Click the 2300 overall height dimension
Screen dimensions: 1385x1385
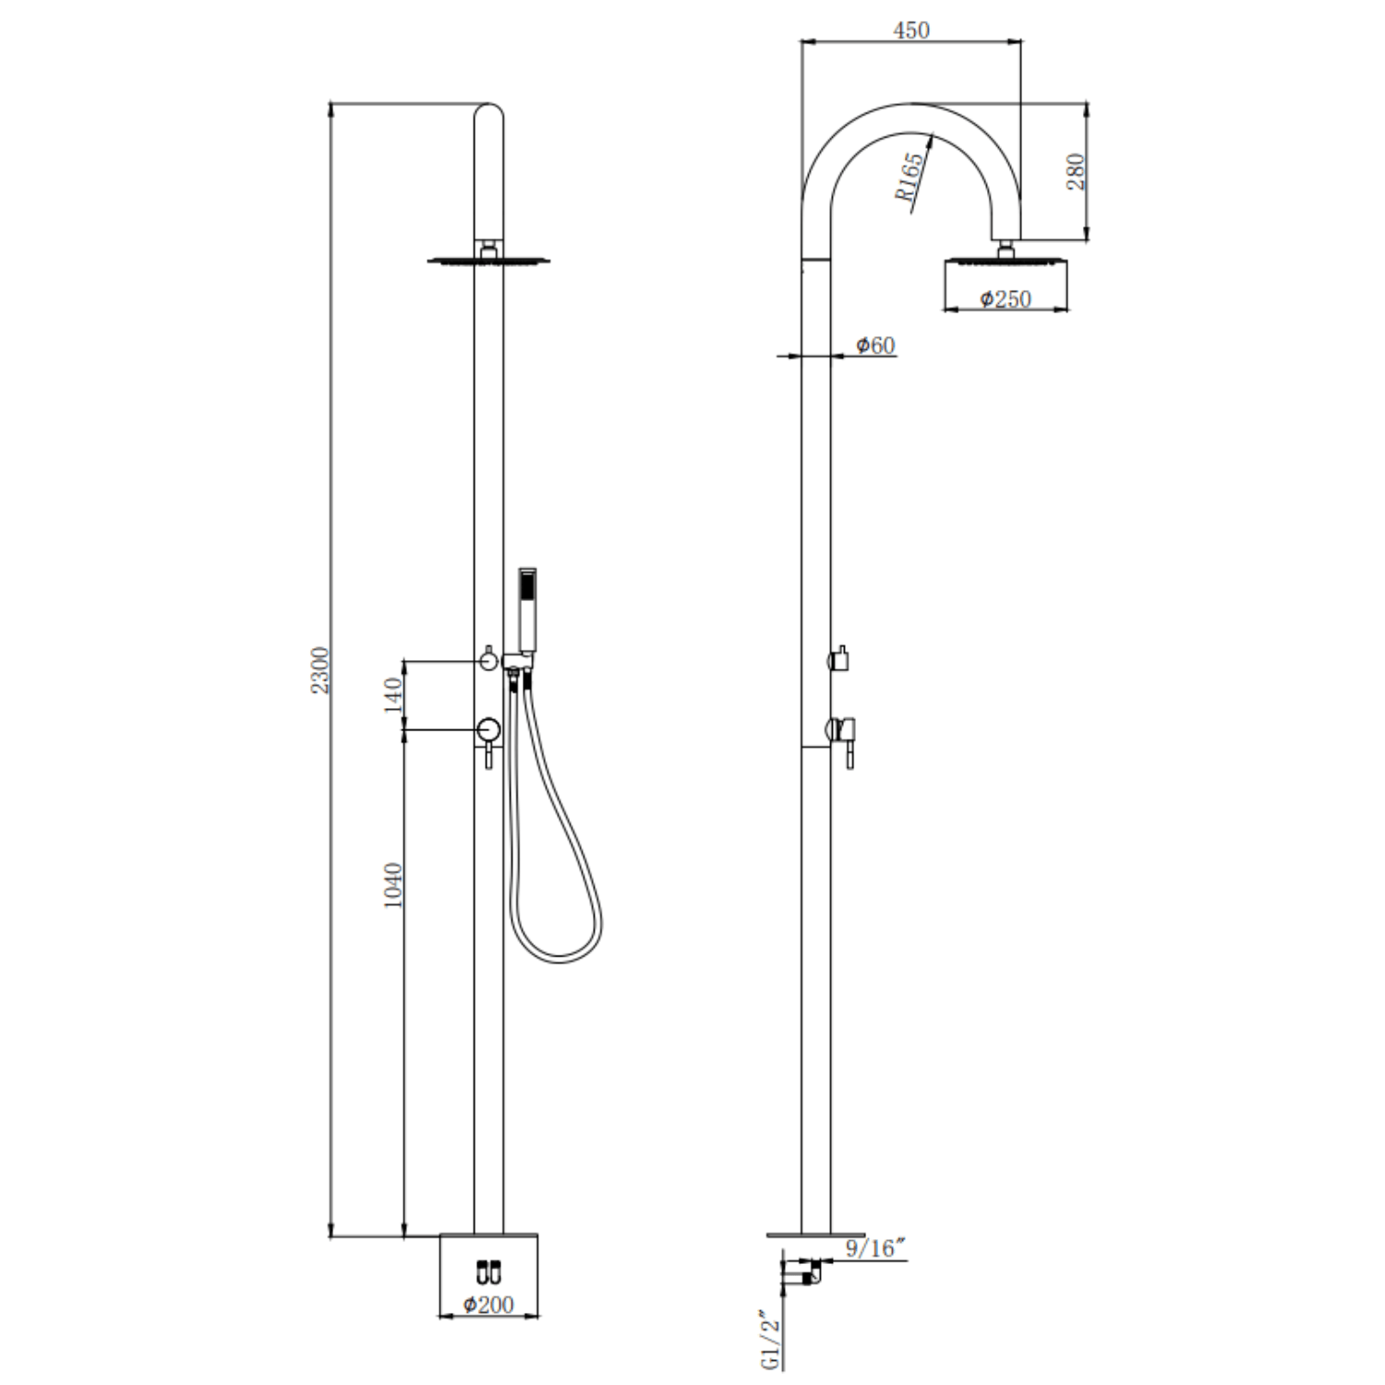click(x=320, y=670)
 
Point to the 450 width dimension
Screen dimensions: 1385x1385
click(x=911, y=30)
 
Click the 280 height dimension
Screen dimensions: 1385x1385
click(x=1076, y=172)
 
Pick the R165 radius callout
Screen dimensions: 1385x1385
click(x=909, y=177)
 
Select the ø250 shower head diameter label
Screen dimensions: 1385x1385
click(x=1005, y=299)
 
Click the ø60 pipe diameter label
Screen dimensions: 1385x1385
click(x=874, y=345)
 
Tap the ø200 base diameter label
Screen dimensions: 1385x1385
click(x=488, y=1305)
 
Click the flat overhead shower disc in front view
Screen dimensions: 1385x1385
click(x=488, y=261)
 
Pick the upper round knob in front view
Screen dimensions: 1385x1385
click(x=488, y=660)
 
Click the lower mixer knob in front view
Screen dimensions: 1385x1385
click(x=488, y=731)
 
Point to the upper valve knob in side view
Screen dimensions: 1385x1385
click(x=840, y=660)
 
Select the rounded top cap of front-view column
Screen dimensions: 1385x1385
click(x=488, y=115)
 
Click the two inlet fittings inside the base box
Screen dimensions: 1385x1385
click(x=488, y=1271)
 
